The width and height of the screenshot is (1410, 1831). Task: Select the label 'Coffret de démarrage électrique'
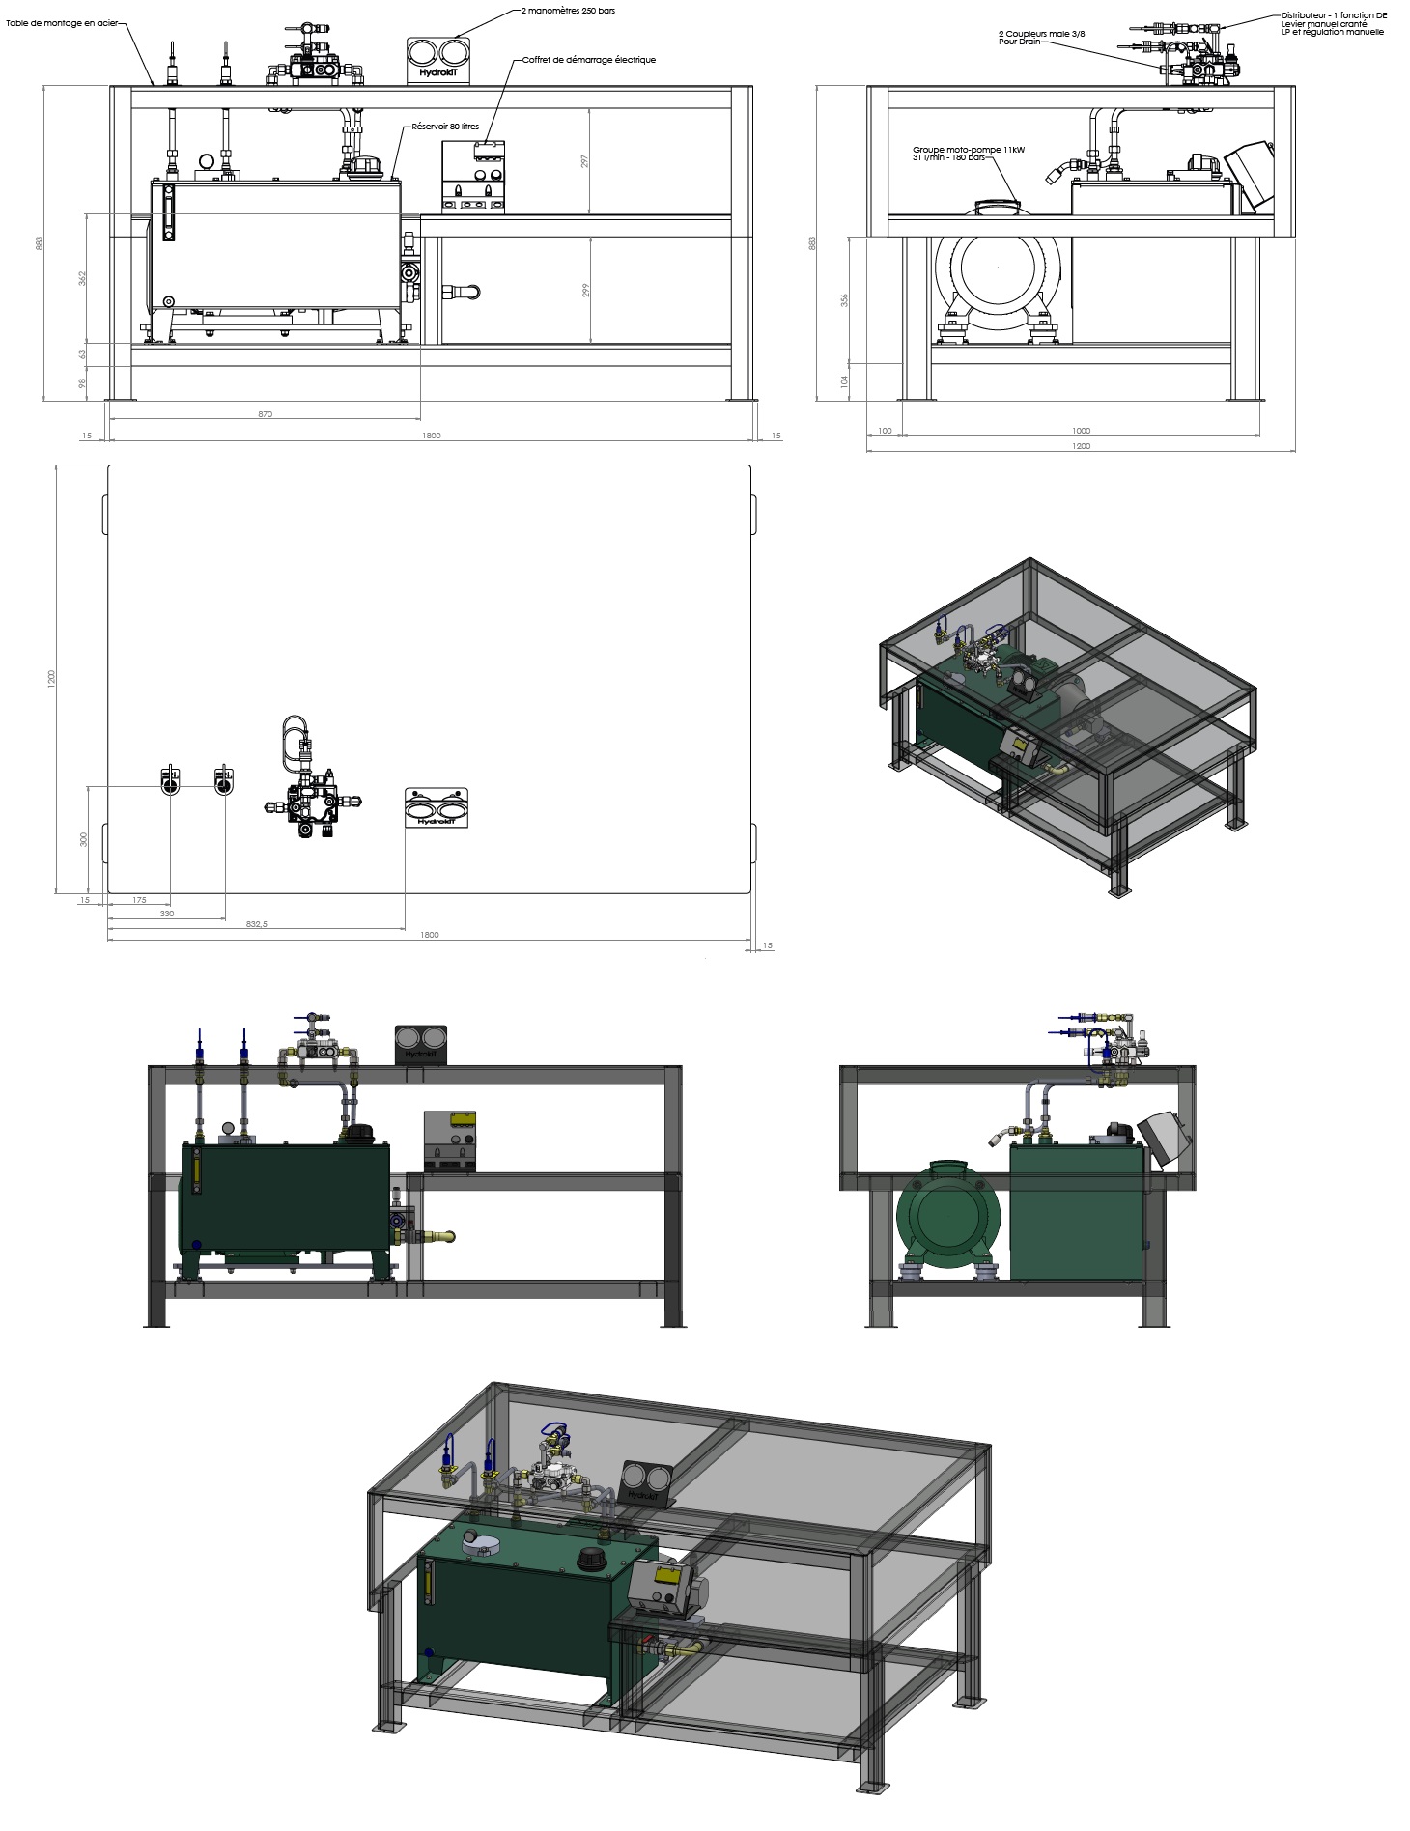pos(588,60)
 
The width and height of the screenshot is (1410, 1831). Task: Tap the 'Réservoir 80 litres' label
pos(445,127)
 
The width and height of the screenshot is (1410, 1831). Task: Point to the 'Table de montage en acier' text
pos(61,22)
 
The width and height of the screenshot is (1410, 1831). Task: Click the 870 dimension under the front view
pos(266,414)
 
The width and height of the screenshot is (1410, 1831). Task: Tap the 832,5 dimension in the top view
pos(256,924)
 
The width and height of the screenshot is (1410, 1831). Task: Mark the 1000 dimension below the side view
pos(1081,431)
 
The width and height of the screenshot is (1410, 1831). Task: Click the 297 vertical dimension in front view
pos(584,162)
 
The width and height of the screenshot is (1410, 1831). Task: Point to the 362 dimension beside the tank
pos(83,278)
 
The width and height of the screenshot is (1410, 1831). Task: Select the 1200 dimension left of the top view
pos(51,679)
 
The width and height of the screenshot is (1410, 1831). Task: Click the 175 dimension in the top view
pos(139,900)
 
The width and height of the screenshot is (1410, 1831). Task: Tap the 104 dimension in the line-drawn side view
pos(844,381)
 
